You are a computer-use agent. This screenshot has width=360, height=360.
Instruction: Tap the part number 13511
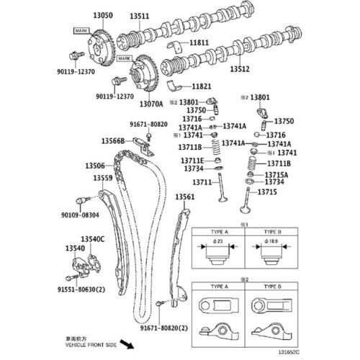click(x=139, y=15)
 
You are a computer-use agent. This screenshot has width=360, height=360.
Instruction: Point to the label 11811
click(x=199, y=42)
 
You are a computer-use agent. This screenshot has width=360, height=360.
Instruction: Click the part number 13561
click(x=184, y=196)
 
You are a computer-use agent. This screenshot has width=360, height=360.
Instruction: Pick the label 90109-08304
click(x=80, y=215)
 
